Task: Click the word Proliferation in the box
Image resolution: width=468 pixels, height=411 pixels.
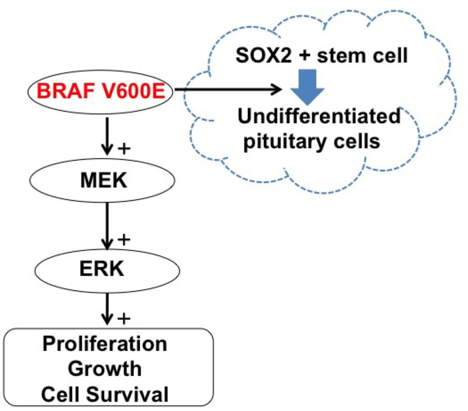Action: (105, 344)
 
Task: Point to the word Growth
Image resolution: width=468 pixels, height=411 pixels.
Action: (105, 368)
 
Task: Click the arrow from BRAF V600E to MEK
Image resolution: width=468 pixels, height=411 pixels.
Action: (106, 135)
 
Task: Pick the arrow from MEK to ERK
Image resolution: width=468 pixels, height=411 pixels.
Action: (106, 224)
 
